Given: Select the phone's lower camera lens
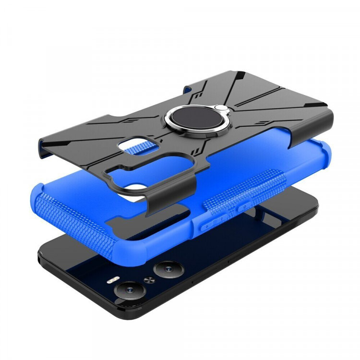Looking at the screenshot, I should [128, 289].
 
